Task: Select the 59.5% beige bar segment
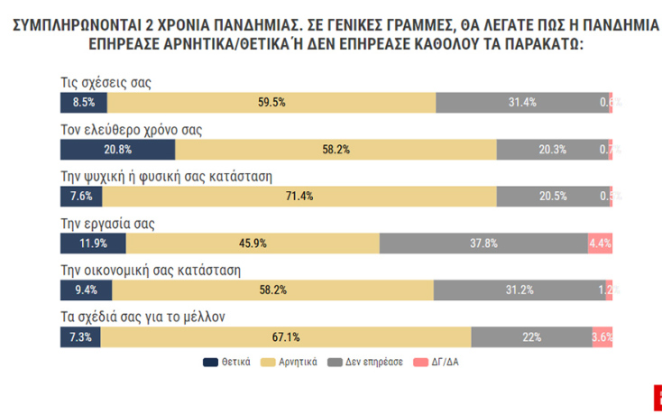tap(271, 102)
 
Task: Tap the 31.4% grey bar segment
tap(522, 102)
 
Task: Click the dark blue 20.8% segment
tap(116, 150)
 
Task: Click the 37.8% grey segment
tap(483, 244)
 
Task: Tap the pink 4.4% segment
tap(600, 244)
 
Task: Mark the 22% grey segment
tap(531, 337)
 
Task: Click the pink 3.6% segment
tap(602, 337)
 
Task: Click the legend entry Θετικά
tap(231, 363)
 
